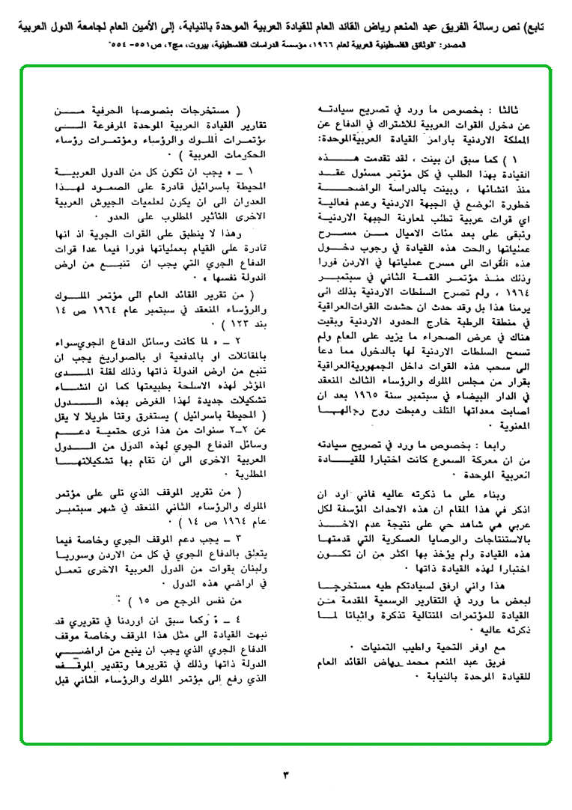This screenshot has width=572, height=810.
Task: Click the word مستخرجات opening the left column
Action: click(208, 108)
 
